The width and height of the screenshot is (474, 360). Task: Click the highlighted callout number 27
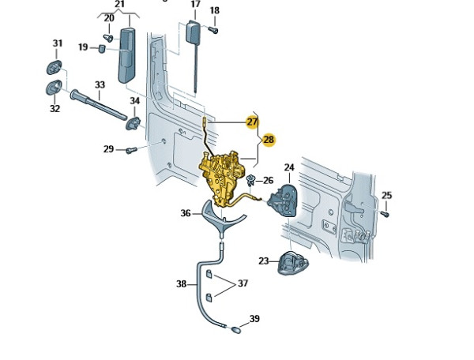click(x=252, y=122)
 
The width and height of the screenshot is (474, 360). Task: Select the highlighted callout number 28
click(x=269, y=140)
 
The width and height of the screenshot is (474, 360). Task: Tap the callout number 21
click(x=120, y=5)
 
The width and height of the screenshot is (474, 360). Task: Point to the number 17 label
click(x=195, y=5)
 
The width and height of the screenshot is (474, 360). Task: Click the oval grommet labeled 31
click(x=58, y=65)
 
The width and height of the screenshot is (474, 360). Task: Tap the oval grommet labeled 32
click(x=55, y=87)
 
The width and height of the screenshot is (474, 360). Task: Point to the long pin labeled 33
click(x=99, y=105)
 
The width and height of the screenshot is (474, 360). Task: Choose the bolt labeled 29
click(x=131, y=149)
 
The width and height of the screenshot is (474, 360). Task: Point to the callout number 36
click(x=186, y=212)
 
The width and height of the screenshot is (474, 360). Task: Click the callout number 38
click(x=181, y=283)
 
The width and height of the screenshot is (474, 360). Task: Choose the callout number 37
click(x=243, y=283)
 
